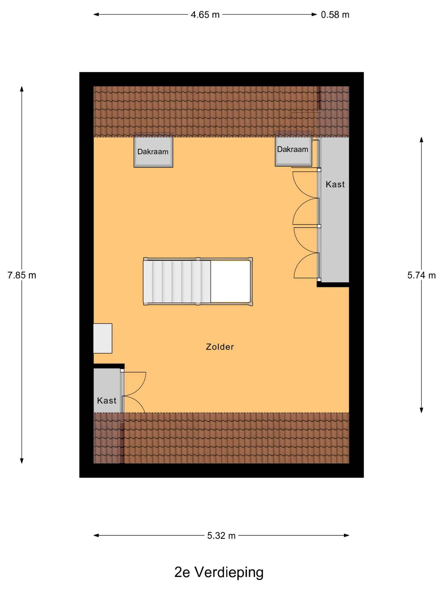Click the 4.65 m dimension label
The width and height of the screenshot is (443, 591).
click(205, 15)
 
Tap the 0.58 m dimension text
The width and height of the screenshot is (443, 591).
click(335, 15)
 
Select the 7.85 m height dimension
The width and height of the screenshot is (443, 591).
click(22, 275)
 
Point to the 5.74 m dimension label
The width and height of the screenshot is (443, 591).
click(421, 275)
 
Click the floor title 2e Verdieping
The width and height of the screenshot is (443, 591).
click(219, 573)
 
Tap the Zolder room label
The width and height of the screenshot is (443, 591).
click(220, 347)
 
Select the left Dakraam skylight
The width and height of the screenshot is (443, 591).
click(153, 150)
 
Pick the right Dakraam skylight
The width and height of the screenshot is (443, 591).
click(293, 149)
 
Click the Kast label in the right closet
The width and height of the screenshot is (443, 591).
click(335, 184)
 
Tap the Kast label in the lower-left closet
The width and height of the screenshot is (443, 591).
click(107, 401)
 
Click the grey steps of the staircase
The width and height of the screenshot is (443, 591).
click(177, 282)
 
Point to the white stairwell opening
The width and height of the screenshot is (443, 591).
click(230, 282)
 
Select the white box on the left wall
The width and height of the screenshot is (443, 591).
click(103, 338)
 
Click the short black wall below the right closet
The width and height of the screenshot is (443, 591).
click(333, 285)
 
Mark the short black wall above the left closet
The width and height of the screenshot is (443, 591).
click(109, 366)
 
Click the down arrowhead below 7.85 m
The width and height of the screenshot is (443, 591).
click(22, 461)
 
